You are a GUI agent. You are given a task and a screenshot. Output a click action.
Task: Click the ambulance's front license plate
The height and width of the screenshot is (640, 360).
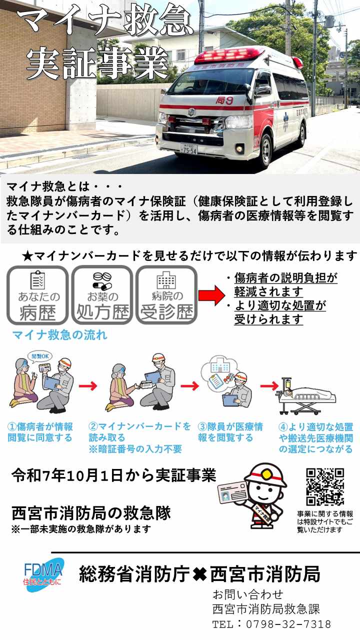point(189,148)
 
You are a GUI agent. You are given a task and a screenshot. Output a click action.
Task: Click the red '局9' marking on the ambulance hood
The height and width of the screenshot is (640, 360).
point(224,100)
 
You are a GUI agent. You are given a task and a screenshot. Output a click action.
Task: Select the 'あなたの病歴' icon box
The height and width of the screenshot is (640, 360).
point(37,295)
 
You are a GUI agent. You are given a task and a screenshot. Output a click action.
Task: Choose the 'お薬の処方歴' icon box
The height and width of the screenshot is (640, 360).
point(102,295)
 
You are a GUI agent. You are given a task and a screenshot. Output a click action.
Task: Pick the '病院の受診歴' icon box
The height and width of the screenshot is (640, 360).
point(167,295)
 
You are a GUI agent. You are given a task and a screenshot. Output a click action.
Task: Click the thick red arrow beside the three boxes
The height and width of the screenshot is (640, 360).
point(212,295)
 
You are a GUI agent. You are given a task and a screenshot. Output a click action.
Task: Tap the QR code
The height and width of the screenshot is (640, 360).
point(325,487)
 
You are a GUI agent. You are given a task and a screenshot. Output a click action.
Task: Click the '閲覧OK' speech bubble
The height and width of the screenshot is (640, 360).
point(40,356)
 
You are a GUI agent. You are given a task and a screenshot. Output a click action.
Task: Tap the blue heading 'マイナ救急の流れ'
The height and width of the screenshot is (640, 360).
point(60,335)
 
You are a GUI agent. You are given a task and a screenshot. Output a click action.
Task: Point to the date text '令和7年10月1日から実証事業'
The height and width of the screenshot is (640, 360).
point(114,476)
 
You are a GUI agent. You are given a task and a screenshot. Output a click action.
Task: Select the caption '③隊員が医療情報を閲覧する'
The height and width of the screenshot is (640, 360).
point(230,432)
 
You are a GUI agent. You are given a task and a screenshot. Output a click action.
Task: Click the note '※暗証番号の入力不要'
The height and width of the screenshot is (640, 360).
point(135,449)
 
